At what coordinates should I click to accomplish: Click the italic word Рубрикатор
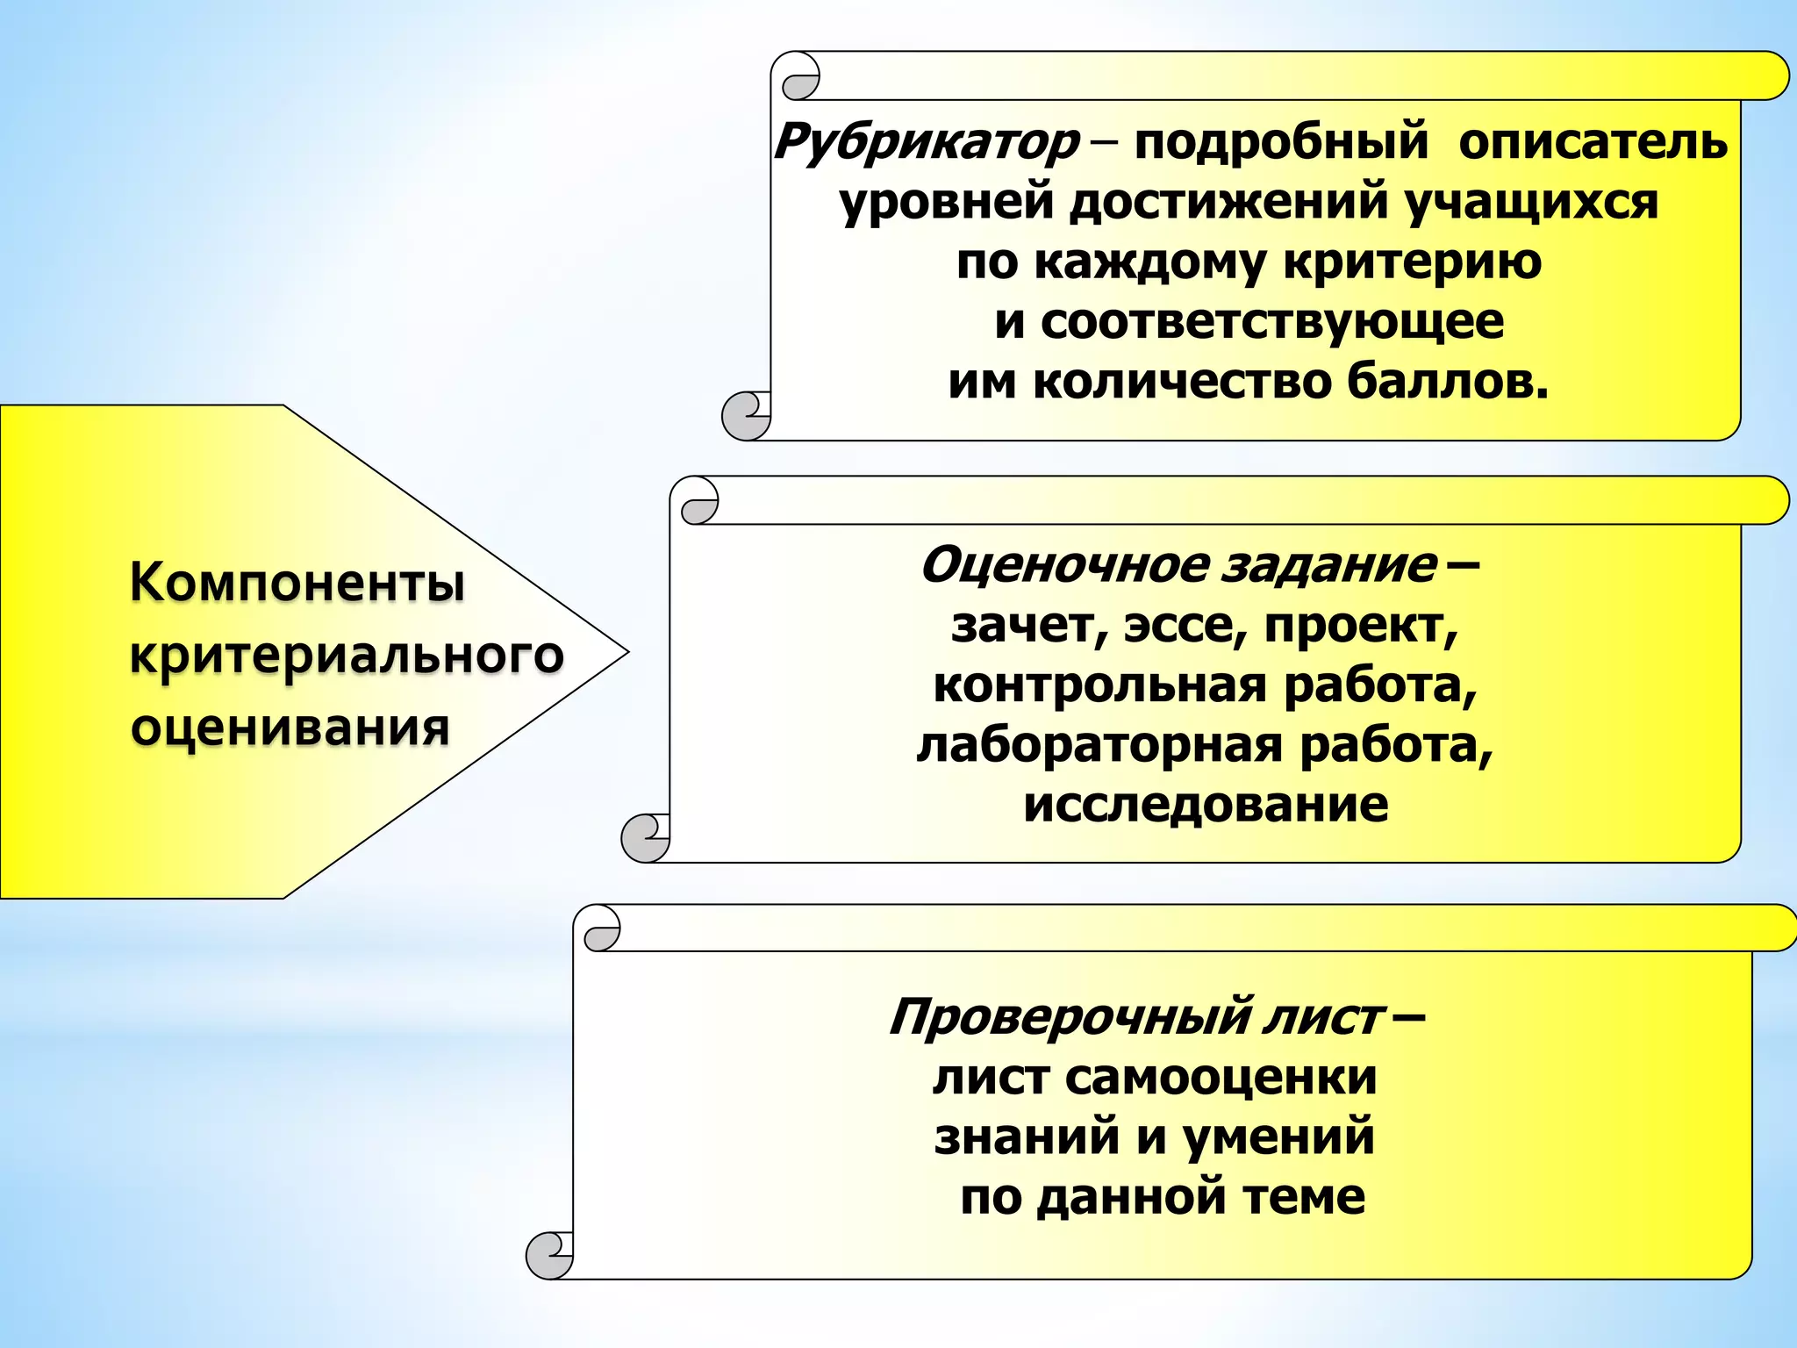[927, 142]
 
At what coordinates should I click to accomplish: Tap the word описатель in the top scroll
[1593, 142]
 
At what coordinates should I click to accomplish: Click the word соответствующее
[1272, 321]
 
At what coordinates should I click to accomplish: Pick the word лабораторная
[1100, 744]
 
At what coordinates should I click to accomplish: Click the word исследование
[1206, 804]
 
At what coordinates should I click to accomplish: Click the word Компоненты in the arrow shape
[297, 582]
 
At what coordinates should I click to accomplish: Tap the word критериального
[347, 655]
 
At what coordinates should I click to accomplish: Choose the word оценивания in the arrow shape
[290, 728]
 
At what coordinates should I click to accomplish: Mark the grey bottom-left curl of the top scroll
[746, 416]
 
